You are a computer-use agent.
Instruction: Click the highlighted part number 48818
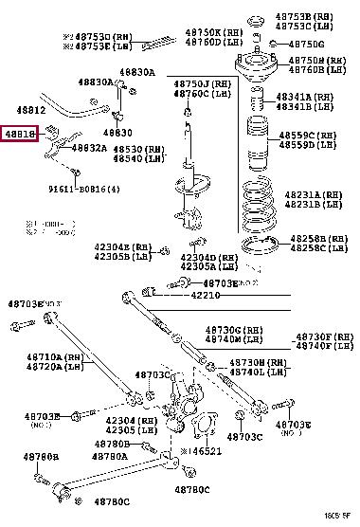20,135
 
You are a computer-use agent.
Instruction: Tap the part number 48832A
88,148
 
